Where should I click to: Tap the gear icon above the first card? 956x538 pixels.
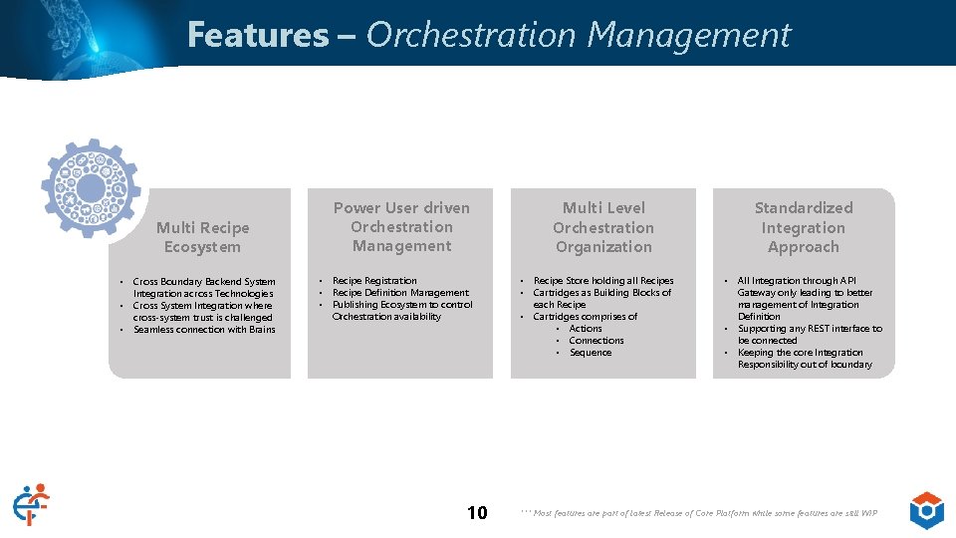pyautogui.click(x=91, y=188)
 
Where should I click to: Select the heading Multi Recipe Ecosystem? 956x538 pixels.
pyautogui.click(x=202, y=237)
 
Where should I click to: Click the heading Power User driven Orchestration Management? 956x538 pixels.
pyautogui.click(x=401, y=227)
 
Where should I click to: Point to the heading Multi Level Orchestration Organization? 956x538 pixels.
pyautogui.click(x=603, y=227)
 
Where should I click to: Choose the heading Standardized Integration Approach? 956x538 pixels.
pyautogui.click(x=804, y=227)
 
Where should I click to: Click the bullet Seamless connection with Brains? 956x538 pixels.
pyautogui.click(x=204, y=330)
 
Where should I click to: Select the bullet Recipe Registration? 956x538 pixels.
pyautogui.click(x=374, y=281)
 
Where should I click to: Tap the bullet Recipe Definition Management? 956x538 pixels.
pyautogui.click(x=400, y=293)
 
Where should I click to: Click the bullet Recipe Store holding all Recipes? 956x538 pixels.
pyautogui.click(x=603, y=281)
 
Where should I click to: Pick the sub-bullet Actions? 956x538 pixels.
pyautogui.click(x=586, y=329)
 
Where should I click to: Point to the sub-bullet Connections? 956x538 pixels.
pyautogui.click(x=597, y=341)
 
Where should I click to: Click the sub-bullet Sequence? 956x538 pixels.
pyautogui.click(x=591, y=353)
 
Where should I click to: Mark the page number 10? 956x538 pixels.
pyautogui.click(x=477, y=513)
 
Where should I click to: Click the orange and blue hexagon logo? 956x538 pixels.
pyautogui.click(x=926, y=510)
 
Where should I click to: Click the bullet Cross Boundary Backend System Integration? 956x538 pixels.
pyautogui.click(x=203, y=288)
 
